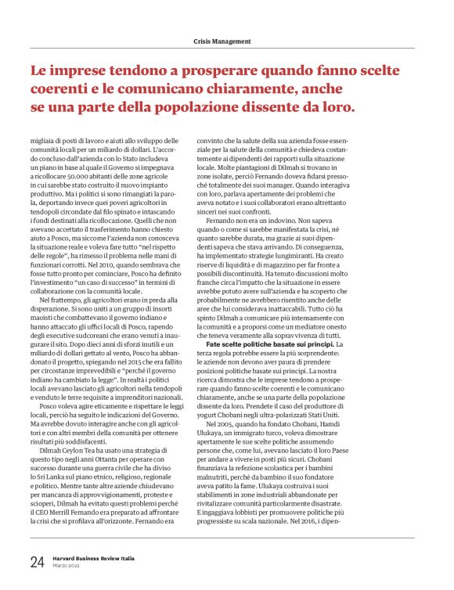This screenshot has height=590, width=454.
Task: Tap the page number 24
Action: point(37,561)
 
